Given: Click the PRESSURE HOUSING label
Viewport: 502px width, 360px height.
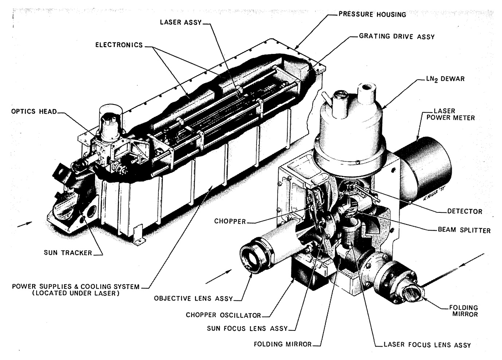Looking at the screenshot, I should [x=372, y=15].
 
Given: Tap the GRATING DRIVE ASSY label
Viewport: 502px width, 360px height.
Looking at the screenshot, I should [x=397, y=36].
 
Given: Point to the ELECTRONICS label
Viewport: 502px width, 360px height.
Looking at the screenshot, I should [x=119, y=45].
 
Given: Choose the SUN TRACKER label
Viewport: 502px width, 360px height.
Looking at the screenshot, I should [x=68, y=253].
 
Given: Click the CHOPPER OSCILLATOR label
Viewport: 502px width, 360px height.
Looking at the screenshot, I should [x=223, y=315].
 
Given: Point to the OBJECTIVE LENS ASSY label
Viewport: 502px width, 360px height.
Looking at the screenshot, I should [x=193, y=298].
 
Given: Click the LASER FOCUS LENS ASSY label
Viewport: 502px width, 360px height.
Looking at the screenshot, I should [x=427, y=345].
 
